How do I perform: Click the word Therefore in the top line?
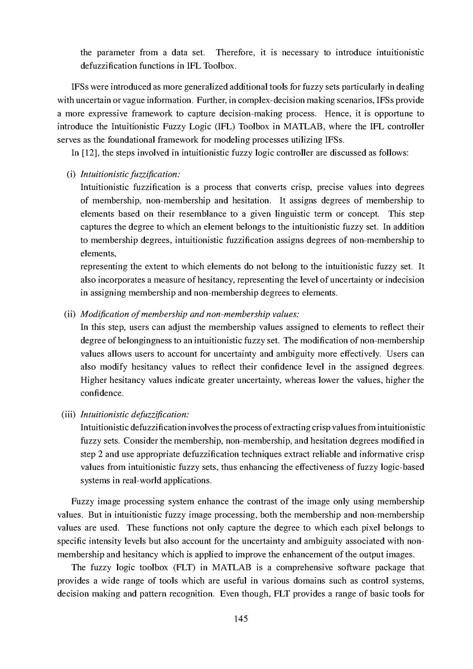[x=234, y=53]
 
